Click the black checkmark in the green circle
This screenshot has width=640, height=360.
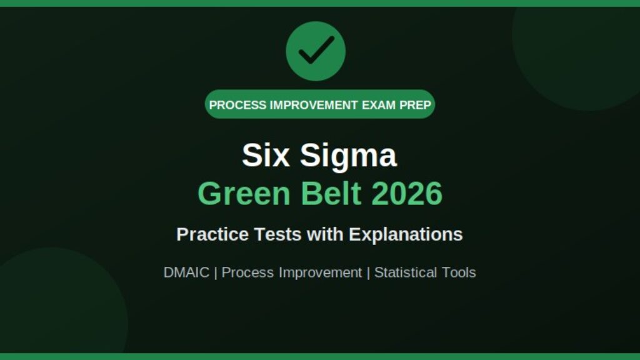pos(316,50)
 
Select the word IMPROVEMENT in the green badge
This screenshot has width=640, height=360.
pos(314,105)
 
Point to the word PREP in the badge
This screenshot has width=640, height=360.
pos(415,105)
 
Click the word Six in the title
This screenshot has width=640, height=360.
pos(266,155)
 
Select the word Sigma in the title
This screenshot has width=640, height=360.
pos(348,156)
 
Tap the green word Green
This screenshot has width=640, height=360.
pos(244,193)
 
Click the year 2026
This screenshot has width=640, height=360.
pos(407,193)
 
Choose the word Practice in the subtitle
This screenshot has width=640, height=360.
pos(212,234)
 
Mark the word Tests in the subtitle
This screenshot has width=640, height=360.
pos(278,234)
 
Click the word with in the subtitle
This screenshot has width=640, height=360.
pos(325,234)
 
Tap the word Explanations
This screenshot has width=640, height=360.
pos(406,235)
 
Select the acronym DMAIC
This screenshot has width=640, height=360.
pos(186,272)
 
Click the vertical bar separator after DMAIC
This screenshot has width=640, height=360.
pos(216,272)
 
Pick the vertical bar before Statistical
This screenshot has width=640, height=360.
pos(368,272)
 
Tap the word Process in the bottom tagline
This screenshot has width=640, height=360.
pos(247,272)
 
